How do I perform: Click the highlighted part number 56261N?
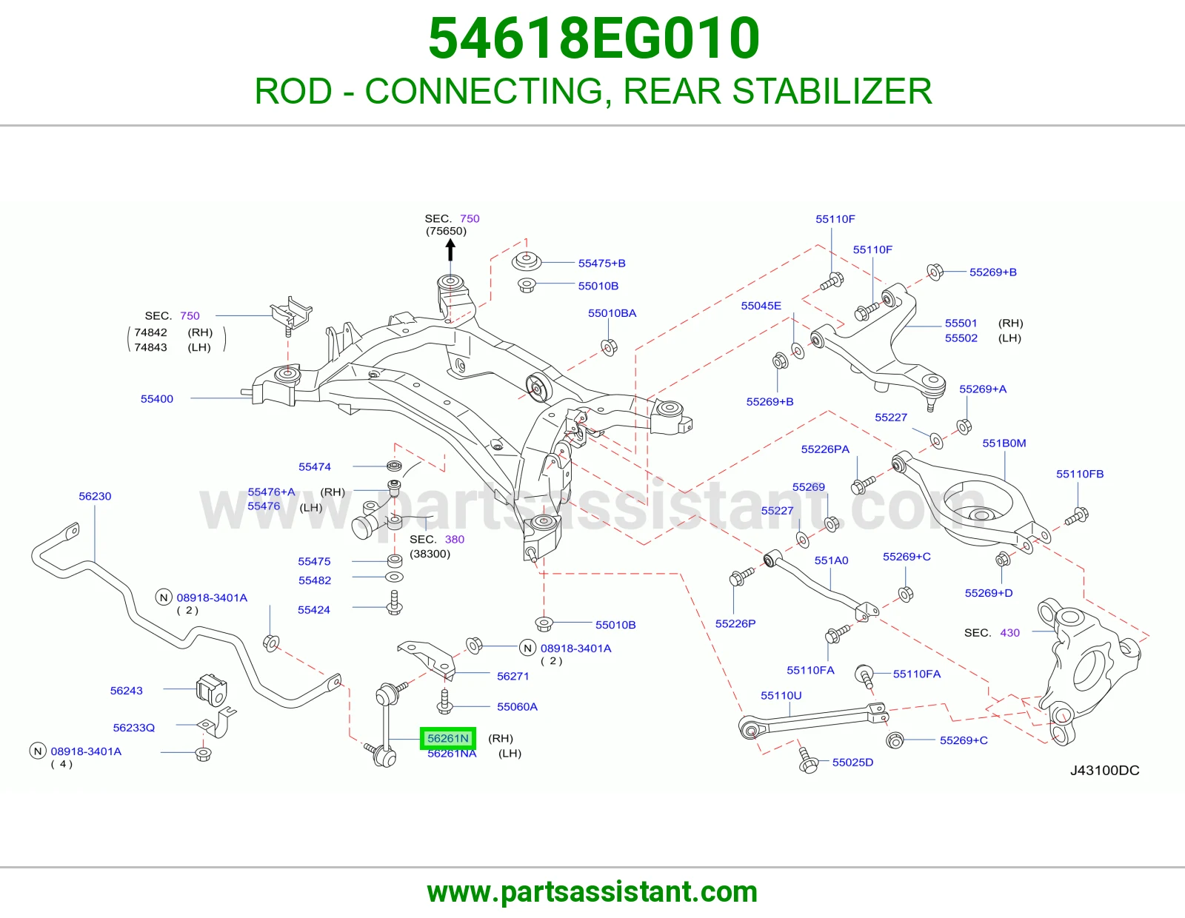click(x=448, y=738)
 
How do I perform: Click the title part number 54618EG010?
click(x=594, y=38)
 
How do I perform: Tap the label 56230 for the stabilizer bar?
click(x=95, y=496)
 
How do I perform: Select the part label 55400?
click(x=157, y=398)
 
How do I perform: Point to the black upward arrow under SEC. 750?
click(x=450, y=251)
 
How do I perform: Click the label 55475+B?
click(x=601, y=264)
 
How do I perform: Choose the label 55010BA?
click(x=612, y=313)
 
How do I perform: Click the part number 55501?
click(x=961, y=324)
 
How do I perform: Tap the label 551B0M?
click(x=1004, y=443)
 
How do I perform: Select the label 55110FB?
click(x=1080, y=474)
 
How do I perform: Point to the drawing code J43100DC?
click(x=1104, y=770)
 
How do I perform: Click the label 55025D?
click(x=852, y=762)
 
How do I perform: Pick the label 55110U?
click(x=781, y=696)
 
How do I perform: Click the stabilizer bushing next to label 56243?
click(x=211, y=689)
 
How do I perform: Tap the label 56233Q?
click(x=133, y=728)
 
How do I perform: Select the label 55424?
click(x=313, y=610)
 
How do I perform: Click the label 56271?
click(x=513, y=676)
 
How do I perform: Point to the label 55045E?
click(x=761, y=306)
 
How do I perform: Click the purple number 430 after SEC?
click(x=1009, y=633)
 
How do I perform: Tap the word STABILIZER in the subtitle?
click(x=832, y=91)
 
